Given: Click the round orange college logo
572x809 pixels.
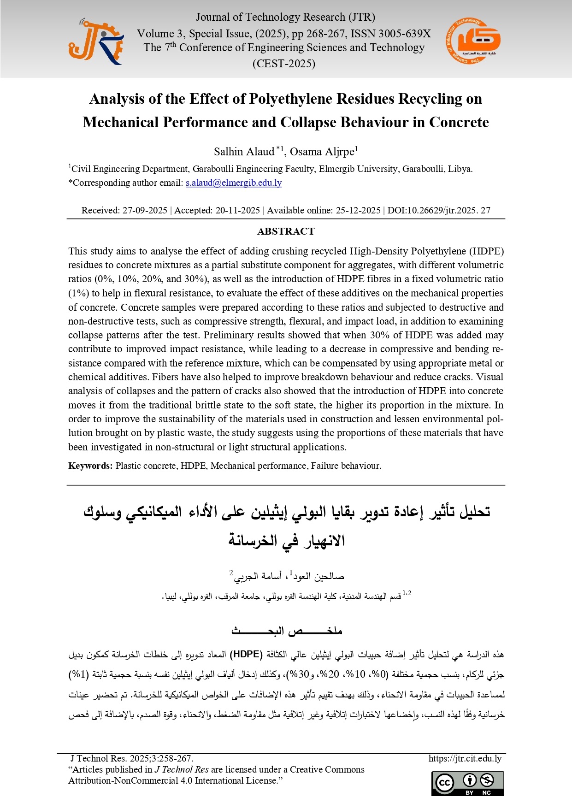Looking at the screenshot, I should (x=472, y=41).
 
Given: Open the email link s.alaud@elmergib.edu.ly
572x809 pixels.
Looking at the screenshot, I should (x=233, y=183).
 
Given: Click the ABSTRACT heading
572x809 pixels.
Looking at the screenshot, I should (x=286, y=231).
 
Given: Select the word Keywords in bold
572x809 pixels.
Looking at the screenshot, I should (x=90, y=466).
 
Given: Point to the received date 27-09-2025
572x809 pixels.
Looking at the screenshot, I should (x=144, y=210).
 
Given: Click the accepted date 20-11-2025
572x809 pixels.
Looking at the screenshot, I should (x=238, y=210).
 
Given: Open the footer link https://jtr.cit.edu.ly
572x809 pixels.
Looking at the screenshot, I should (x=465, y=758).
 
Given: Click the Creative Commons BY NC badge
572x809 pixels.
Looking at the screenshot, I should (x=467, y=783).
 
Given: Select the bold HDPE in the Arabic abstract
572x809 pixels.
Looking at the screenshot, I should (x=246, y=654).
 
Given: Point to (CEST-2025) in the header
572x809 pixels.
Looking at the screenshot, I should (x=283, y=64).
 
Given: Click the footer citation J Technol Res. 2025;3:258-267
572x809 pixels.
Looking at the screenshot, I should (x=132, y=758).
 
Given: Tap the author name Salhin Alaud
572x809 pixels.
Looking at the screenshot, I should (x=244, y=152).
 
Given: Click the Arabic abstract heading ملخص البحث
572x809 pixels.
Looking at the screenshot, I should (x=286, y=631).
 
